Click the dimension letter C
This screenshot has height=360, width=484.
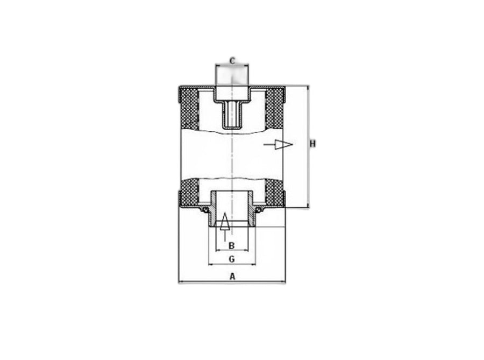(x=232, y=60)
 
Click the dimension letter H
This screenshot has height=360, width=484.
(x=312, y=144)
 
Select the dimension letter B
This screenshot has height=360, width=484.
(x=231, y=246)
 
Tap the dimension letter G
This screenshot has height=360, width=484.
(x=232, y=259)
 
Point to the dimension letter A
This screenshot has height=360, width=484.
(x=232, y=276)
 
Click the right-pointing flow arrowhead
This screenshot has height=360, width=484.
(x=283, y=145)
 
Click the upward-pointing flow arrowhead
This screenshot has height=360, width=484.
(x=225, y=221)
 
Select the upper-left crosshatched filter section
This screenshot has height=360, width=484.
(x=189, y=109)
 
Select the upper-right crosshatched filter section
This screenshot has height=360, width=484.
(x=274, y=109)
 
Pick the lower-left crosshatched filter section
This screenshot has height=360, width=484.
(x=189, y=193)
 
